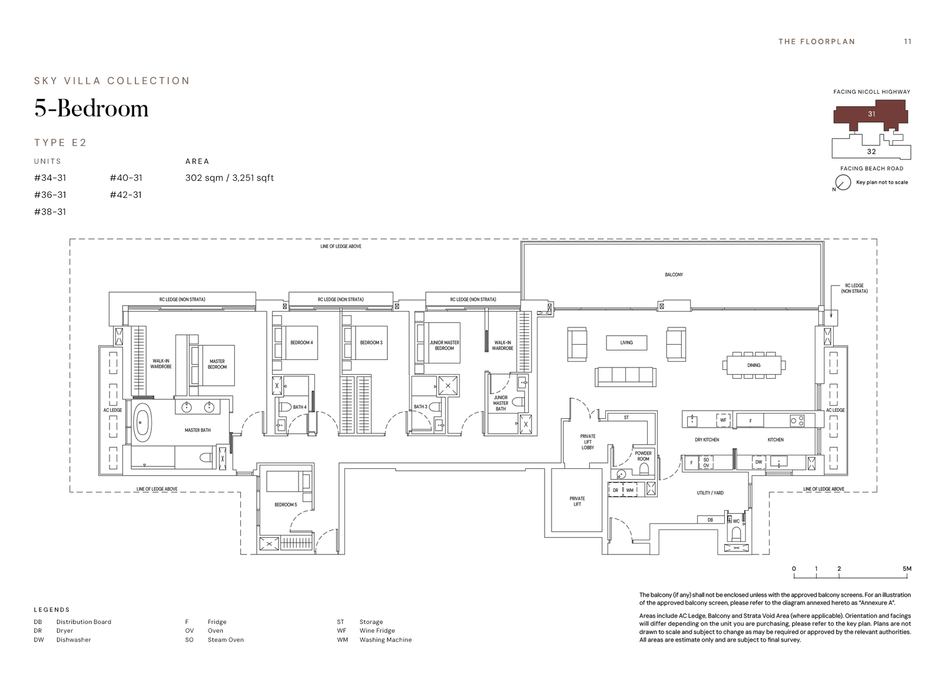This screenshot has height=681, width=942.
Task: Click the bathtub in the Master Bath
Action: [x=142, y=422]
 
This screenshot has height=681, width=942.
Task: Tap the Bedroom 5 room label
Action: [x=286, y=505]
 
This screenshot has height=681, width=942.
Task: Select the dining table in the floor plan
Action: [x=754, y=365]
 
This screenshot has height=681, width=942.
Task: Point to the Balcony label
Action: [x=674, y=275]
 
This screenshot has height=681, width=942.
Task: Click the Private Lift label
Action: [x=577, y=501]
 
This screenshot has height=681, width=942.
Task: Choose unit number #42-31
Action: [x=126, y=195]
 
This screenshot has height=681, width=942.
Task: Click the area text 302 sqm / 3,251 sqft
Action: [x=229, y=178]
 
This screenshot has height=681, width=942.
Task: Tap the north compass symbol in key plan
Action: [x=843, y=183]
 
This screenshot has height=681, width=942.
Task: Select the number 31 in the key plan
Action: [x=871, y=114]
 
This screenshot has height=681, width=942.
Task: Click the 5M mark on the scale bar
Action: [x=907, y=568]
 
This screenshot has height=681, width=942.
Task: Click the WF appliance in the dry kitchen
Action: [x=723, y=420]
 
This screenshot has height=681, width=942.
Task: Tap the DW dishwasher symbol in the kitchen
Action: [x=759, y=462]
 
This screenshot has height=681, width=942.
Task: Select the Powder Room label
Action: [x=643, y=456]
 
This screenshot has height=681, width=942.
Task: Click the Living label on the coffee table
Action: [x=626, y=343]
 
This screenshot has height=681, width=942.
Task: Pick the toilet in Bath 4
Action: [x=286, y=406]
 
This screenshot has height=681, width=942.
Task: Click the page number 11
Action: [x=907, y=42]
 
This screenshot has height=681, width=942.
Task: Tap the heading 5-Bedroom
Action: [x=91, y=108]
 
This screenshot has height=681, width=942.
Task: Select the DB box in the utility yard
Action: [x=710, y=520]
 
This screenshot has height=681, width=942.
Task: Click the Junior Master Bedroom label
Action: [x=444, y=346]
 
